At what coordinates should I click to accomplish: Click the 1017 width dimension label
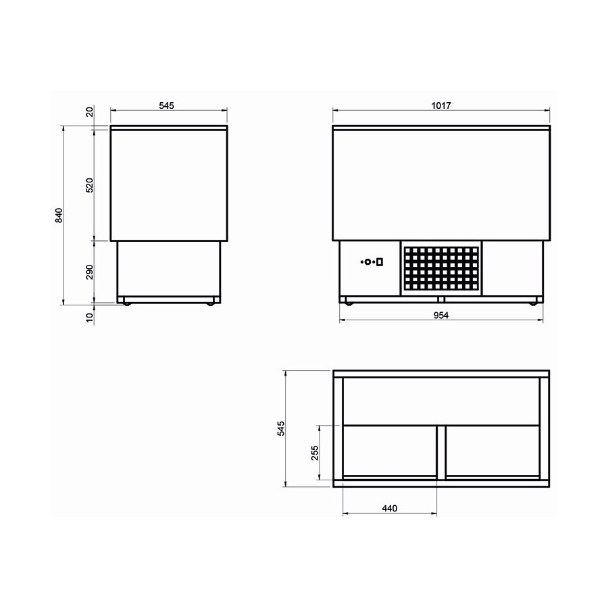click(x=441, y=105)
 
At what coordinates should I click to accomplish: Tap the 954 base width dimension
click(x=441, y=315)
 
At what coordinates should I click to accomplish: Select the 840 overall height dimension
click(x=59, y=216)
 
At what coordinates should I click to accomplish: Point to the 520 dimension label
click(x=90, y=185)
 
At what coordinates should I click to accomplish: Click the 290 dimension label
click(x=90, y=272)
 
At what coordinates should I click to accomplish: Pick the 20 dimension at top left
click(x=90, y=112)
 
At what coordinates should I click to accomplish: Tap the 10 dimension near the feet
click(x=90, y=318)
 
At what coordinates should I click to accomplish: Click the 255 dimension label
click(x=314, y=453)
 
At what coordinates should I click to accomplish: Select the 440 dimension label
click(x=390, y=508)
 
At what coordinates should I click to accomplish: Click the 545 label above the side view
click(x=167, y=105)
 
